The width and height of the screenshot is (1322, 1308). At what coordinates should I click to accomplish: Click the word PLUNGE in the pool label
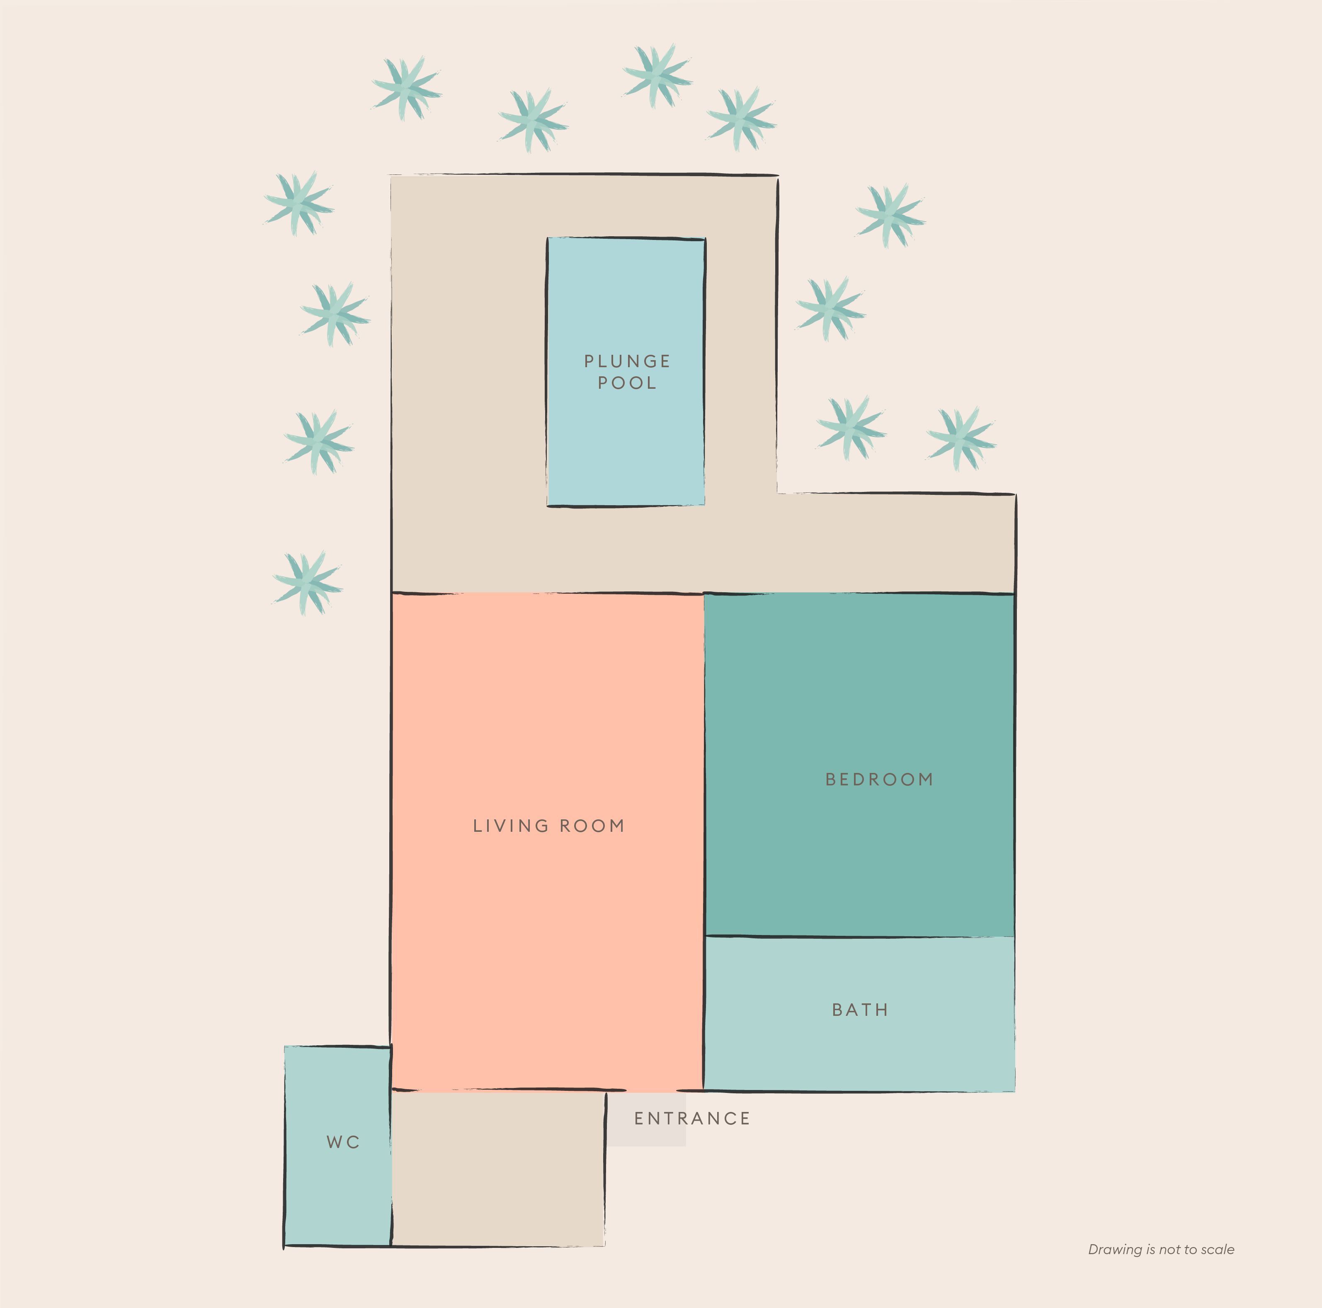click(x=627, y=361)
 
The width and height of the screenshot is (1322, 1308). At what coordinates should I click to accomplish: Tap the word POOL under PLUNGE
click(x=627, y=383)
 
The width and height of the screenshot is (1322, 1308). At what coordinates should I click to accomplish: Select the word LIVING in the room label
click(x=510, y=826)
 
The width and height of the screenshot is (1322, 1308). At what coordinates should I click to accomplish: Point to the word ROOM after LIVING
click(x=592, y=826)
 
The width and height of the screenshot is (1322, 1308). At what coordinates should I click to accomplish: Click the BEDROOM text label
click(x=879, y=779)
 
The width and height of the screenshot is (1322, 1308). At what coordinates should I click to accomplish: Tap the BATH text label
click(x=860, y=1010)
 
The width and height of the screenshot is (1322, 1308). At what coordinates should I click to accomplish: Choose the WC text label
click(x=343, y=1142)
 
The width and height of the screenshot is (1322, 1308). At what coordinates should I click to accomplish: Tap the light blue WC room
click(x=337, y=1197)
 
